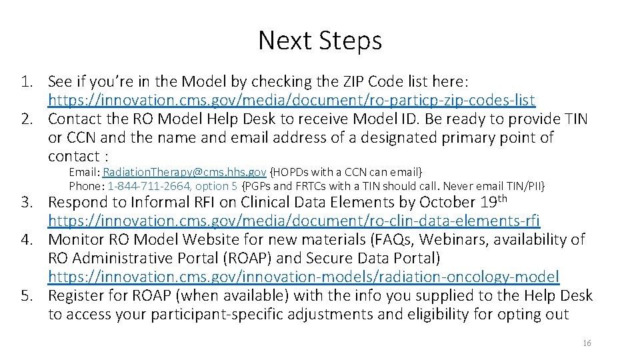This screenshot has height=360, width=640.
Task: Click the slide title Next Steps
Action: coord(320,41)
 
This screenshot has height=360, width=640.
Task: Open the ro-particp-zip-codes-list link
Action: coord(291,100)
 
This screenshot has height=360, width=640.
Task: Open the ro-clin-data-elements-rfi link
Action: coord(293,220)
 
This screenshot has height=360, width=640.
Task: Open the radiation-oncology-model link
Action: coord(303,276)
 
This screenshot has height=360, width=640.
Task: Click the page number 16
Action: coord(587,343)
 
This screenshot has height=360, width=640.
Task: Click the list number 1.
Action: coord(26,81)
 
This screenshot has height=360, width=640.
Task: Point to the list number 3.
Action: coord(26,202)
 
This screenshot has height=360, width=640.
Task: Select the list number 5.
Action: coord(26,295)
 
